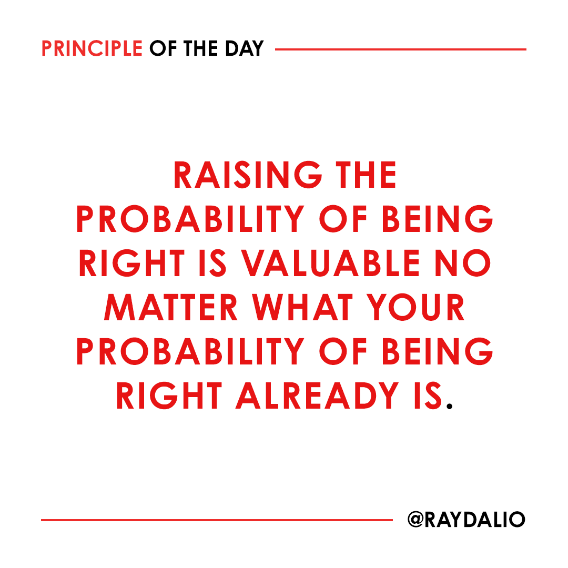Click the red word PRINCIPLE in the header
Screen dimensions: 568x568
coord(92,49)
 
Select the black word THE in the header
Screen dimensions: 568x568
coord(200,49)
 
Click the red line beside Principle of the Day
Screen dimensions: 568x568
coord(400,49)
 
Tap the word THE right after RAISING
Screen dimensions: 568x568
coord(367,175)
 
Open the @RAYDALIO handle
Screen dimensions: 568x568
coord(466,520)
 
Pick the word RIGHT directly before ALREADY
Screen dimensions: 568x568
coord(169,394)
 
